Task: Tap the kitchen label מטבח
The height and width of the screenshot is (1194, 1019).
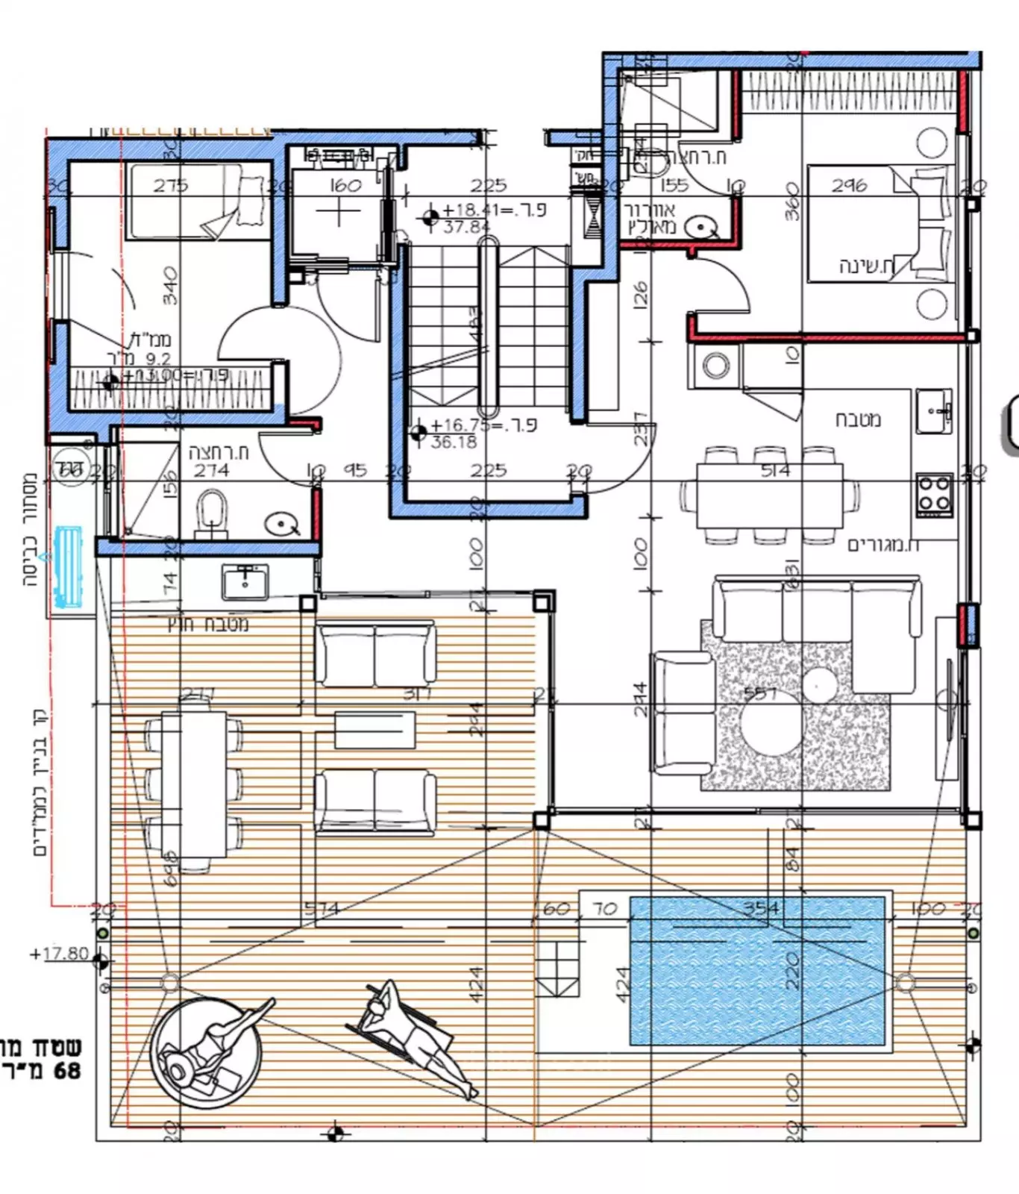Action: (x=858, y=419)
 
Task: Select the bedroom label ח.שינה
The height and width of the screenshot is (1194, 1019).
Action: (x=865, y=266)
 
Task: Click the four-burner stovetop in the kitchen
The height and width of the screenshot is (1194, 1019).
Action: (x=934, y=493)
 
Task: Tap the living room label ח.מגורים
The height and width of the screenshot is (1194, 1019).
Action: (x=883, y=546)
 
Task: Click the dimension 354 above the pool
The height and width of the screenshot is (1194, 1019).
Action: (x=762, y=907)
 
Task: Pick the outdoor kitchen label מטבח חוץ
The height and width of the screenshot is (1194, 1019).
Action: (x=208, y=624)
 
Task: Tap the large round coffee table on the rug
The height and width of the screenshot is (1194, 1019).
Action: (x=771, y=727)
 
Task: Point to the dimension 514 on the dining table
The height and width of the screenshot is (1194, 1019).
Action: (x=775, y=470)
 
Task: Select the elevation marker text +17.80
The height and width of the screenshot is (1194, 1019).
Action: (x=60, y=954)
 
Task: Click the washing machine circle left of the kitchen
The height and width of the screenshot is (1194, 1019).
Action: (x=716, y=366)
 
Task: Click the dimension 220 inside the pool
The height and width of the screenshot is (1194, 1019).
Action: (x=792, y=970)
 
